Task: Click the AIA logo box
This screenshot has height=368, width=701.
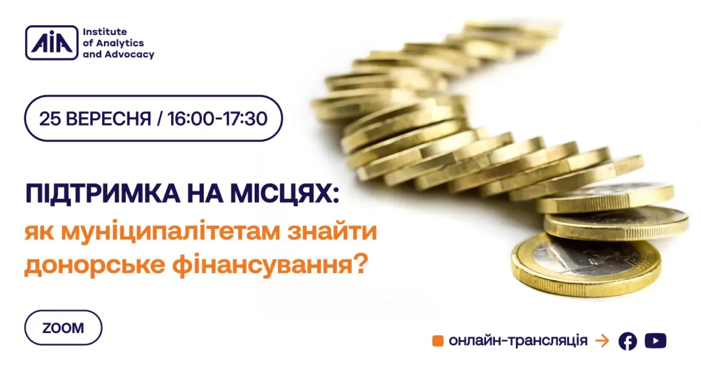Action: point(51,43)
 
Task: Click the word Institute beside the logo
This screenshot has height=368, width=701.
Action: point(105,32)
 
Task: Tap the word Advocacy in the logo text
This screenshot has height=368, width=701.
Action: point(130,54)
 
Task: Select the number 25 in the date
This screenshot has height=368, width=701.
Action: point(50,119)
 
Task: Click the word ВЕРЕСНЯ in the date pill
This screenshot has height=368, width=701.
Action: point(109,119)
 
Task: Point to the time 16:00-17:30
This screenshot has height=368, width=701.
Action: point(217,119)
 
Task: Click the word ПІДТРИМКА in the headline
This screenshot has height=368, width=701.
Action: point(103,194)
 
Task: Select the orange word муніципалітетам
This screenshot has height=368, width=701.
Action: point(171,232)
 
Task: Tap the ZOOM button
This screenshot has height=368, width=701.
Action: point(63,328)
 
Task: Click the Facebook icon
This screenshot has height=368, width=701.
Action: point(628,341)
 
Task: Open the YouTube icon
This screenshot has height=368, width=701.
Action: point(655,341)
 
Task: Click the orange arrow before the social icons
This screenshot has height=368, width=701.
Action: point(602,341)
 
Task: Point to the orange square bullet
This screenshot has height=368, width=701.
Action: point(438,341)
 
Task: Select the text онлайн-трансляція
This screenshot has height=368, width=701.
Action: point(518,341)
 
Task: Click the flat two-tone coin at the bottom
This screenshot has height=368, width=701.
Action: point(586,265)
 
